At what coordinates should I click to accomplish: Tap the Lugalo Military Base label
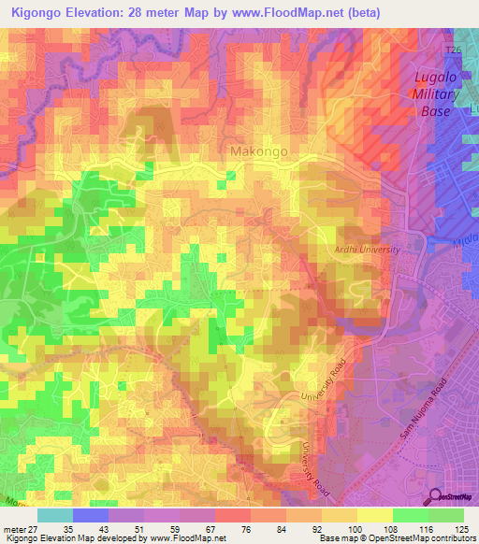(x=433, y=94)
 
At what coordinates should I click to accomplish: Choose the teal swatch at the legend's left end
(x=54, y=515)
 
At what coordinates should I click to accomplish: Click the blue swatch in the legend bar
(x=90, y=515)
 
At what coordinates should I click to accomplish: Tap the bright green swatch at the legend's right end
(x=446, y=515)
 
